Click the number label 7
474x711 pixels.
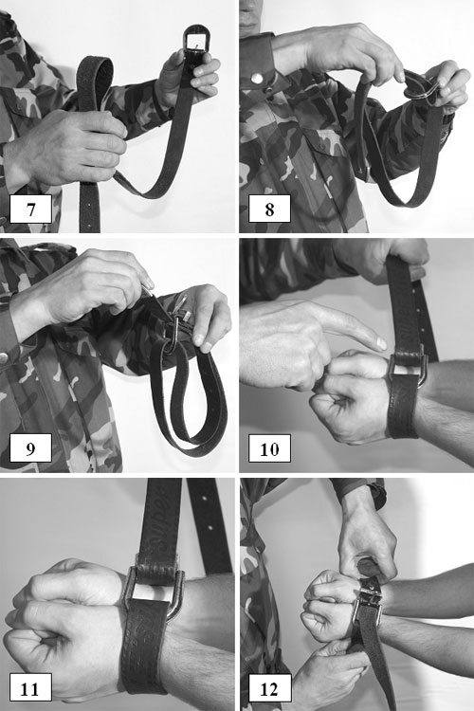click(x=30, y=210)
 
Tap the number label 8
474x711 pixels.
click(x=269, y=210)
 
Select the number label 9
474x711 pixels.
click(x=30, y=448)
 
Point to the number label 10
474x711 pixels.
click(x=269, y=448)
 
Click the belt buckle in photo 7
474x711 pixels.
click(x=195, y=43)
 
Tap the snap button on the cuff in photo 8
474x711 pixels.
click(x=257, y=79)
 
